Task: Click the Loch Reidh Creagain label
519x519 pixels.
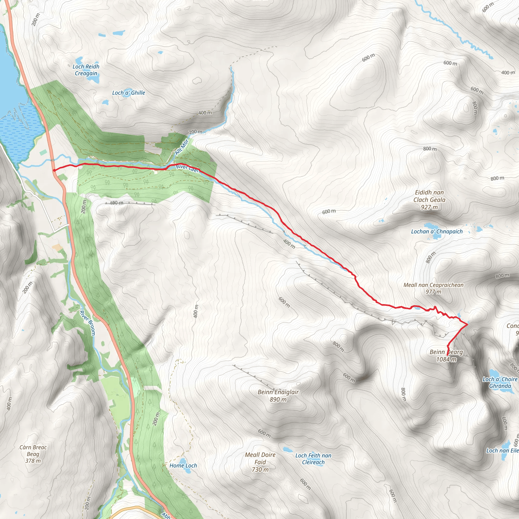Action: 86,70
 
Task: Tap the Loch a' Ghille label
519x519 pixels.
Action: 128,93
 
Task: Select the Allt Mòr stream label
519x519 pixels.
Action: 182,147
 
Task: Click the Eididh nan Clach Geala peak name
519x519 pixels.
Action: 429,196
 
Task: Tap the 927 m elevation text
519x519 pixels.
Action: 429,207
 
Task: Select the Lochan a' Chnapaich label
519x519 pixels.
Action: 437,232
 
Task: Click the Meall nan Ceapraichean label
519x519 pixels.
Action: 433,285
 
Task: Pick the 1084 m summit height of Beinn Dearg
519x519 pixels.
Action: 446,359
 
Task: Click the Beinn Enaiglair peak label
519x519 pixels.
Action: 278,392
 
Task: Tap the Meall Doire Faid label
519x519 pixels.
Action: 260,462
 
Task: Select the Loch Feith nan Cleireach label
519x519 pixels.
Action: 313,459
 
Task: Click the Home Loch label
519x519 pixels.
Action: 183,466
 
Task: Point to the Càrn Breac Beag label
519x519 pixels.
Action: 33,454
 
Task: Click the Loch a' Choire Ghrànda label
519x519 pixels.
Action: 500,382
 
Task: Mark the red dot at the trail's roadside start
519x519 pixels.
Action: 54,170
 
